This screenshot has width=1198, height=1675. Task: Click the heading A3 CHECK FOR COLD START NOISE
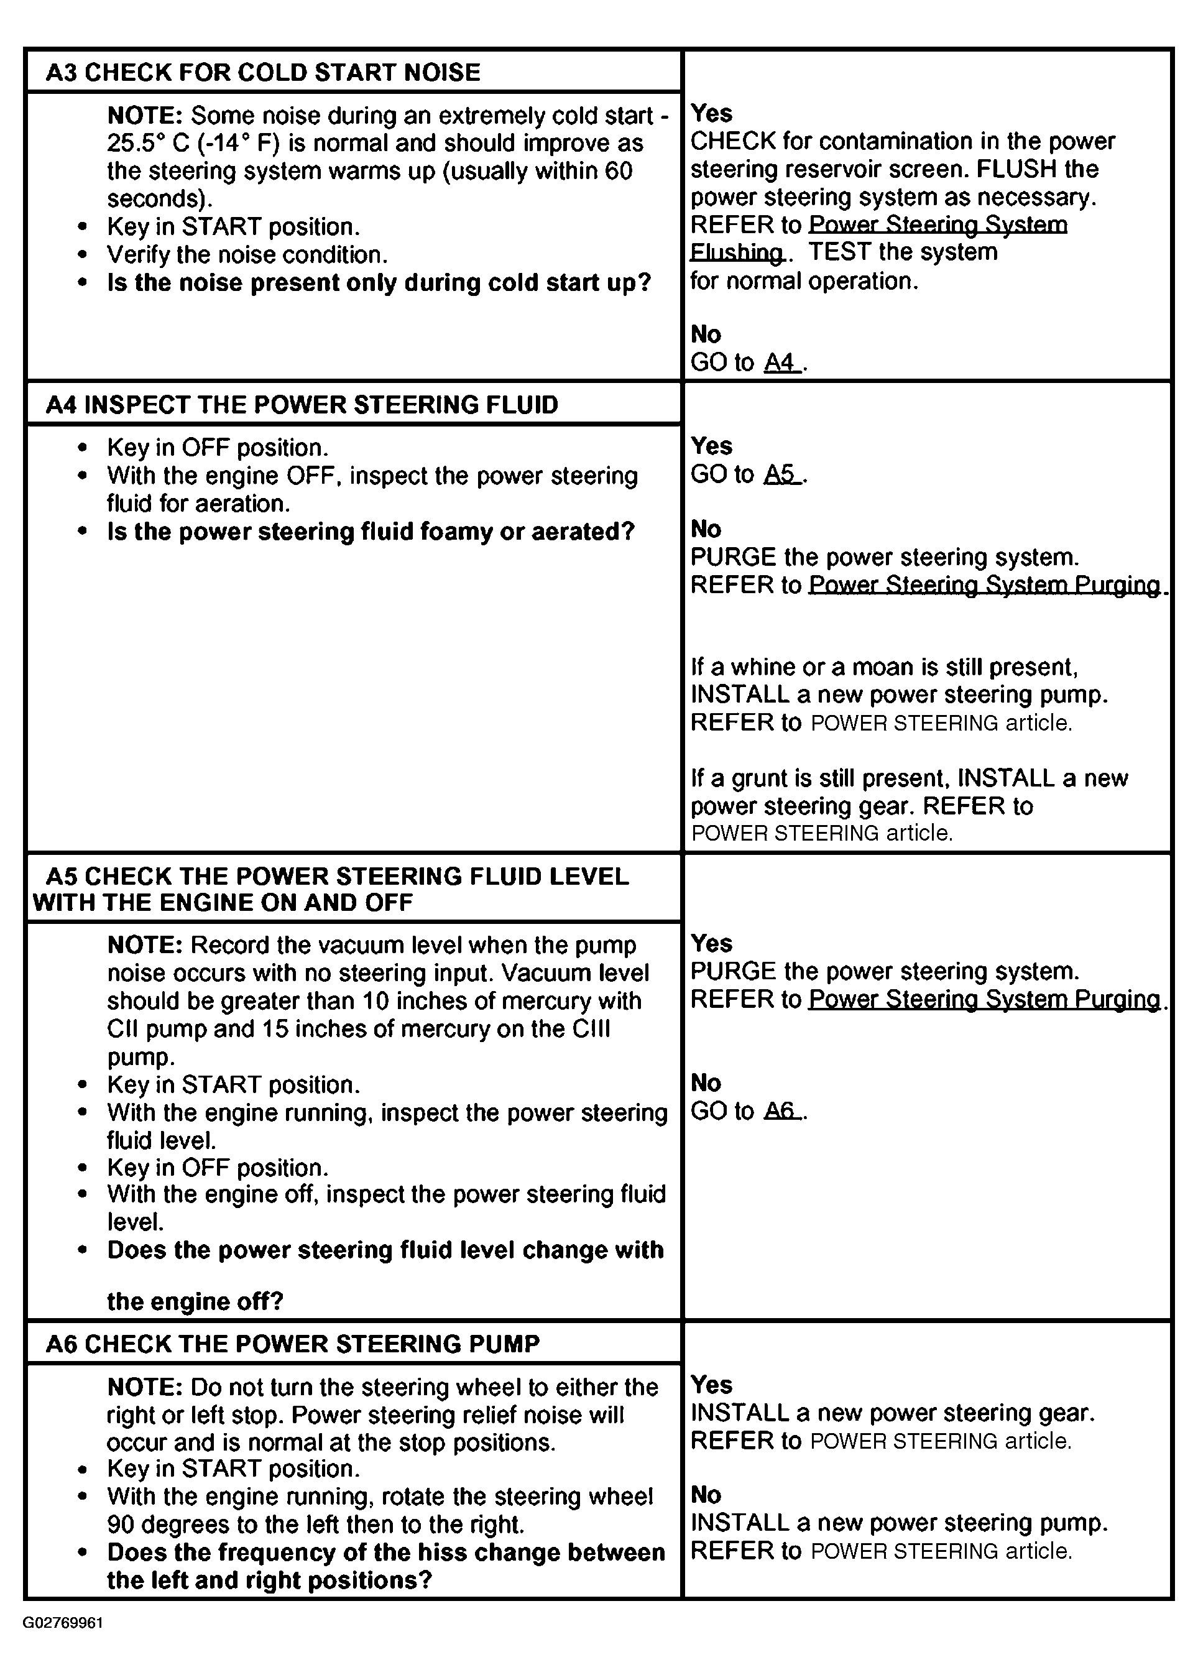click(262, 72)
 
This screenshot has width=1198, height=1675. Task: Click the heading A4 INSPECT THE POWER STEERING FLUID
click(302, 405)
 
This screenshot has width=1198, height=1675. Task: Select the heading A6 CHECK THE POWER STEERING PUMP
click(292, 1344)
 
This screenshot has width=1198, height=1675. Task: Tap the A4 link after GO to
click(780, 362)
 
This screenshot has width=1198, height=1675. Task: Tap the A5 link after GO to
click(780, 474)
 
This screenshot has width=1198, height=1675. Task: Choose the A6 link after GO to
click(780, 1111)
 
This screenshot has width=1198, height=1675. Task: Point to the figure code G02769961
click(63, 1623)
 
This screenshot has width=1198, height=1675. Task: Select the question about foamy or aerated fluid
click(371, 532)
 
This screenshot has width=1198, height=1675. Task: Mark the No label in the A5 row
click(705, 1082)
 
